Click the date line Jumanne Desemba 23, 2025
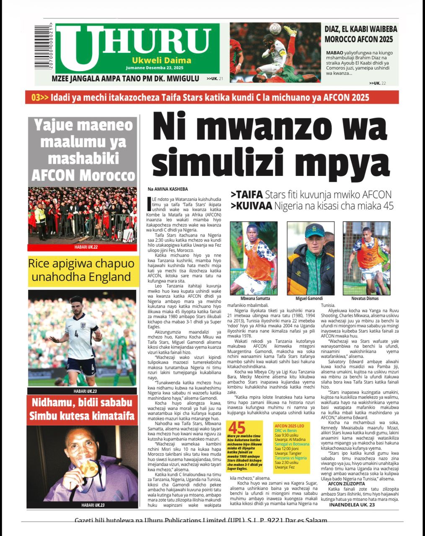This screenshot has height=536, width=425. pos(155,67)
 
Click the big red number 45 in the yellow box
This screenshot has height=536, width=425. pos(237,428)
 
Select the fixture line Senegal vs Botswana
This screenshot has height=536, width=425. pos(292,444)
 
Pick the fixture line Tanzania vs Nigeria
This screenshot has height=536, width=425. pos(291,458)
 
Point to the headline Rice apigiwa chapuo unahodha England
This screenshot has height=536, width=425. pos(82,271)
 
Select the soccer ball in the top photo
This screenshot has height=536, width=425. pos(275,28)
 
